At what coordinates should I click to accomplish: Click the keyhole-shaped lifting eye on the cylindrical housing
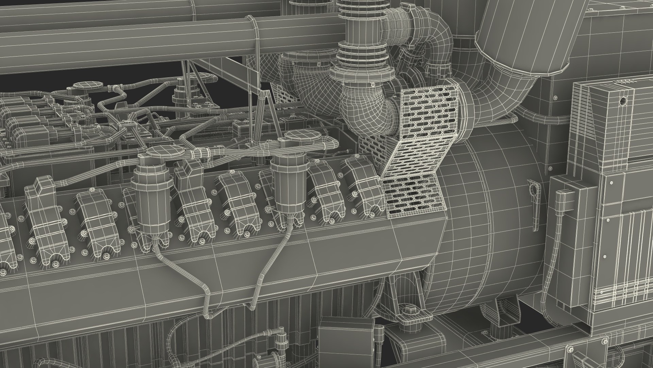pos(533,188)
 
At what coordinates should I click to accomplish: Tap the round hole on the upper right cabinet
pos(623,101)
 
